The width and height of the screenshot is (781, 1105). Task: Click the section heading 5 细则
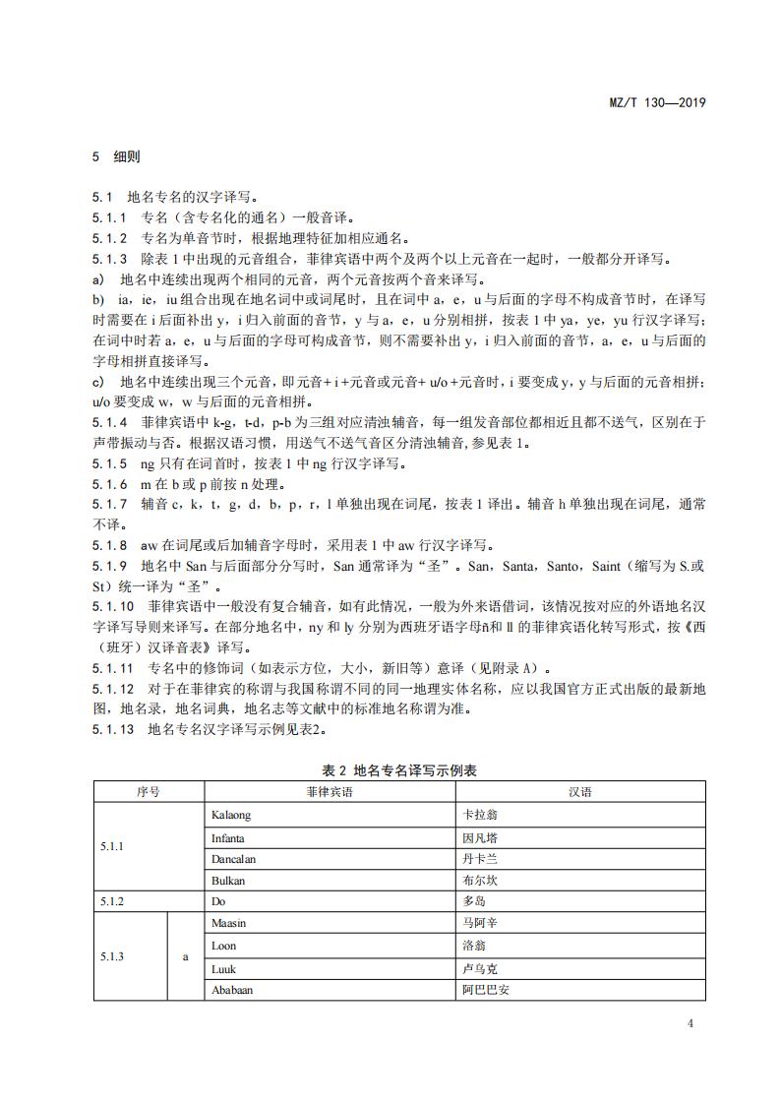point(117,156)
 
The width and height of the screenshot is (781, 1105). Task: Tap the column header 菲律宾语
point(329,792)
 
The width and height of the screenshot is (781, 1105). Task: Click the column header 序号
point(149,792)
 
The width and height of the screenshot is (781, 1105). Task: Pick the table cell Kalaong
point(231,815)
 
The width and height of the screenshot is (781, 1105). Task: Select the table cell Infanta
point(228,837)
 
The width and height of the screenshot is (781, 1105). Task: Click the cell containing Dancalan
point(234,858)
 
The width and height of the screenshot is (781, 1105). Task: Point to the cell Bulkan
point(228,880)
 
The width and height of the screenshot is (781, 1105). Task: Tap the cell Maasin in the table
point(229,923)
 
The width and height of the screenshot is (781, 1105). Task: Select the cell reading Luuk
point(224,967)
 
